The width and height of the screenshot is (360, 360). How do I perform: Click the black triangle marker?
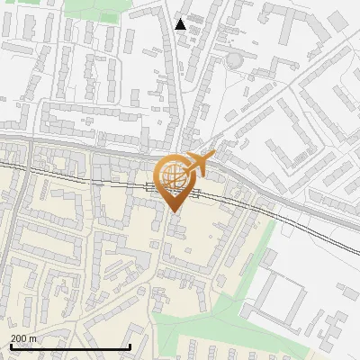(181, 24)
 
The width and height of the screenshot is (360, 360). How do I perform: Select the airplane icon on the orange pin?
(199, 163)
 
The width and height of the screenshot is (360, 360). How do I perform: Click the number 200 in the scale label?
(20, 338)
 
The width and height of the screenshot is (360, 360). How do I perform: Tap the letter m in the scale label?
(33, 338)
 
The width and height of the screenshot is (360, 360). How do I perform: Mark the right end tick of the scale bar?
(130, 346)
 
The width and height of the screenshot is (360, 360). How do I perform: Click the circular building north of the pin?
(234, 59)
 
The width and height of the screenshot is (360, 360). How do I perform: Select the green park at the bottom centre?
(198, 324)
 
